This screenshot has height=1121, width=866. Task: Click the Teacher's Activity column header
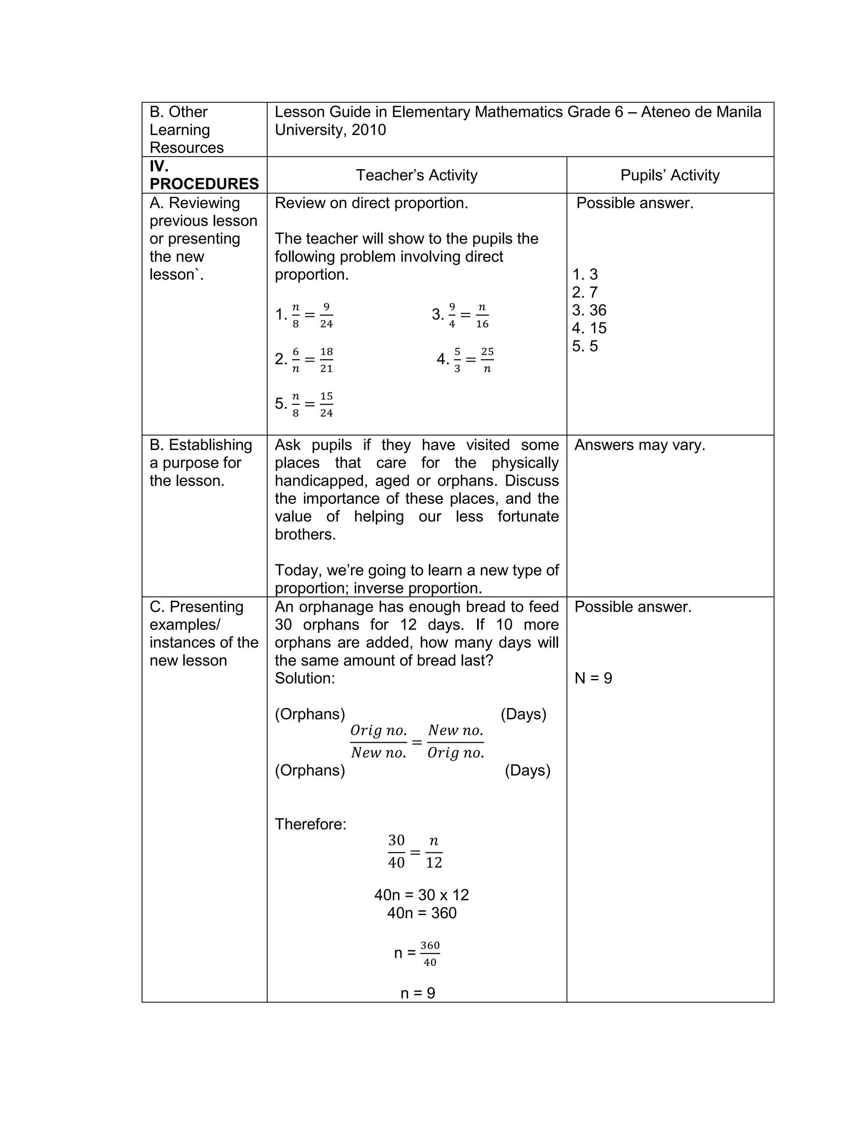[x=417, y=175]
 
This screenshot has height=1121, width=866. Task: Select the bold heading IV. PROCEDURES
[x=204, y=175]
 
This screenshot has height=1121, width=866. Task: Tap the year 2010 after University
[x=368, y=130]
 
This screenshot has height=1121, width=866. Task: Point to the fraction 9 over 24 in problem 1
[x=326, y=315]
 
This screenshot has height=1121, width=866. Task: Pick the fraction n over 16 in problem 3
[x=482, y=315]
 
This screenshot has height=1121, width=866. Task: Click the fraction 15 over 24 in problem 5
[x=326, y=404]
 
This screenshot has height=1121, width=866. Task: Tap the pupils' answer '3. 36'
[x=589, y=310]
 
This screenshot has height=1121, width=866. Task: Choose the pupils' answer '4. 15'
[x=589, y=328]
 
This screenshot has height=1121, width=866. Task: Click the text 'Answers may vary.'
[x=639, y=445]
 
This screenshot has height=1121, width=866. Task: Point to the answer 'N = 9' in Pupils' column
[x=593, y=678]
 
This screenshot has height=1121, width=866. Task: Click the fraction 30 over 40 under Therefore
[x=396, y=852]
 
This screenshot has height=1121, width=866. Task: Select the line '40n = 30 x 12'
[x=421, y=895]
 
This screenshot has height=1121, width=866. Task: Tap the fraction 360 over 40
[x=430, y=953]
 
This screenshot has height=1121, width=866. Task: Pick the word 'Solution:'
[x=305, y=678]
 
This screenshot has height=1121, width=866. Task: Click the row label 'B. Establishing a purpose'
[x=200, y=462]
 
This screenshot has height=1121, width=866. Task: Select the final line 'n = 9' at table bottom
[x=418, y=993]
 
